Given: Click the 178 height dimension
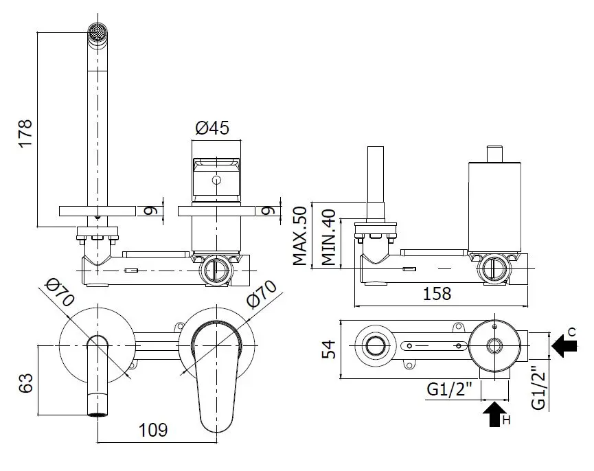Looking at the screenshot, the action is pos(26,133).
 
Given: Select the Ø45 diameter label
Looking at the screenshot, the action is pos(212,128).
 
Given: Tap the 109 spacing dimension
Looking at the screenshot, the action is pos(153,430).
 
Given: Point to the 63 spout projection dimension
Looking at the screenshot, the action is pos(26,383).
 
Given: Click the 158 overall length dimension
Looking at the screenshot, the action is pos(437,293).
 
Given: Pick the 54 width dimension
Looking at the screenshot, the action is pos(328,349).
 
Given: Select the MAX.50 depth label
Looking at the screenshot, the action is pos(299,235).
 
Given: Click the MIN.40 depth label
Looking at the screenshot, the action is pos(328,237).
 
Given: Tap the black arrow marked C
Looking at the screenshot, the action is pos(564,345).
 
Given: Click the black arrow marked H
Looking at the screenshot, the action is pos(494,414).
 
